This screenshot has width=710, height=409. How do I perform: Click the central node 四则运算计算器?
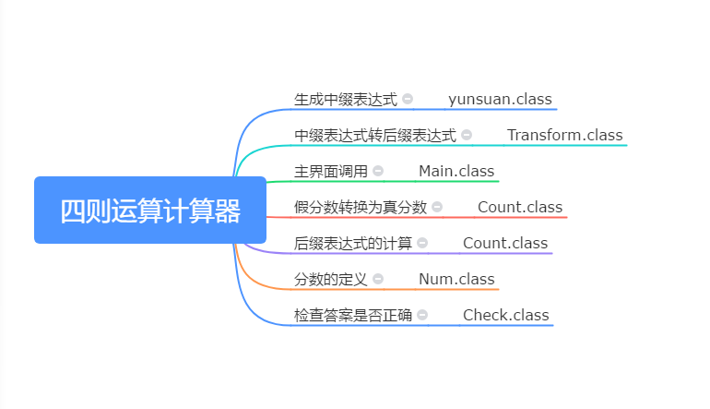[x=150, y=211]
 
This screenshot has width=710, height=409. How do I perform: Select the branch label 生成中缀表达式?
[x=346, y=99]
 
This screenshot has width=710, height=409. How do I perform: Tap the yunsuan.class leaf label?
[x=501, y=99]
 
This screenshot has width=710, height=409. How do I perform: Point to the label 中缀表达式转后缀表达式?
[x=375, y=135]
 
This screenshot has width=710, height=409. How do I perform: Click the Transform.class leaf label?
[x=564, y=135]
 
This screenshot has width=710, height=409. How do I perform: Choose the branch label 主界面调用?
[x=331, y=171]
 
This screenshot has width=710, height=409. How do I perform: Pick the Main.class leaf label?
[x=456, y=171]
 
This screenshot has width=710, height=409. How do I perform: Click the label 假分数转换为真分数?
[x=361, y=207]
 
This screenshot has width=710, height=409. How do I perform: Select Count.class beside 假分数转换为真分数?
[x=519, y=207]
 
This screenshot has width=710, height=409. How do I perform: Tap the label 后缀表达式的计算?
[x=353, y=243]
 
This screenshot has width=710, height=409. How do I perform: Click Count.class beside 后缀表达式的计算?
[x=504, y=243]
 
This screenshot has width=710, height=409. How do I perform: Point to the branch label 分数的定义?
[x=331, y=279]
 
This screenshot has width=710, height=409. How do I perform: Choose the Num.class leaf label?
[x=456, y=279]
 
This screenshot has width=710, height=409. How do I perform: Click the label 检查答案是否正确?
[x=353, y=315]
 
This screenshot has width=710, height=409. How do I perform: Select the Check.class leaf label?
[x=505, y=315]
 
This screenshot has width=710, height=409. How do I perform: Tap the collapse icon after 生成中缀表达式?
[x=408, y=99]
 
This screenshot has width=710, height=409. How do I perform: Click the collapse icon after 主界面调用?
[x=378, y=171]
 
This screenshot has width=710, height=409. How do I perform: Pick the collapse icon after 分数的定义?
[x=378, y=279]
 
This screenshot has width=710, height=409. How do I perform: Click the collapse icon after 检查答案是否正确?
[x=422, y=315]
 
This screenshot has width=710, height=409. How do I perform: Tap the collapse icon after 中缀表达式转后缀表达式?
[x=467, y=135]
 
